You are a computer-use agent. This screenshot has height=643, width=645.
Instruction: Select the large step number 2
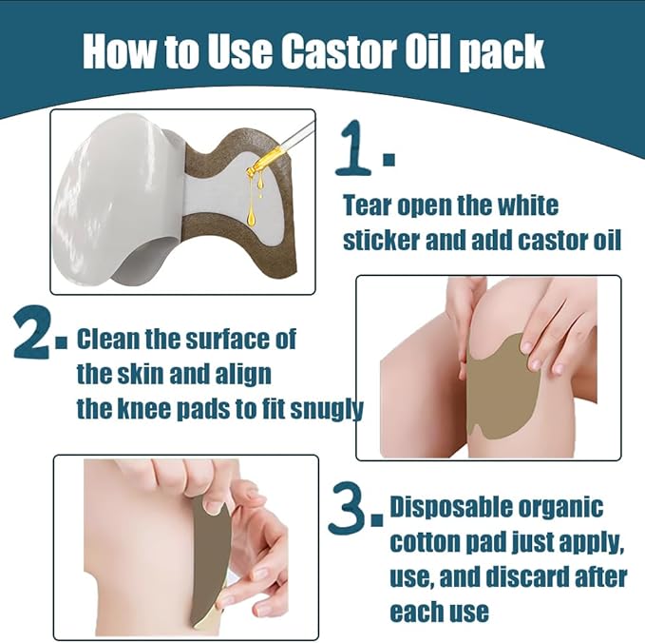(35, 337)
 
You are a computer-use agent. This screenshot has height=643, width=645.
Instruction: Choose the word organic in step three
(563, 507)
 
